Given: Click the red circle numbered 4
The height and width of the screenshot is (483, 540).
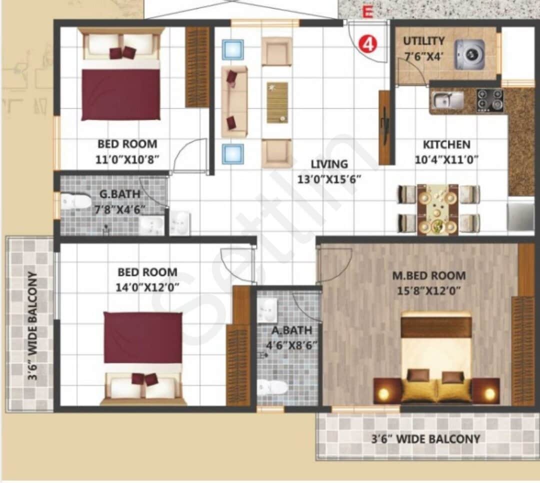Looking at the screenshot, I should tap(367, 44).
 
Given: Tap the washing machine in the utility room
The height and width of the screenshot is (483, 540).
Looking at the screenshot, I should tap(469, 54).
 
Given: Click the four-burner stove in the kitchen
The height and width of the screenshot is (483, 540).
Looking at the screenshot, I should tap(489, 100).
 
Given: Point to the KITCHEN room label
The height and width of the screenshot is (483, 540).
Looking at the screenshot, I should tap(446, 145).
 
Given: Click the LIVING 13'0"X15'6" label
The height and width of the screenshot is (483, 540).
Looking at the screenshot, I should tap(328, 171).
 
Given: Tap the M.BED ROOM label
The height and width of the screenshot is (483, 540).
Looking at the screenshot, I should tap(428, 275).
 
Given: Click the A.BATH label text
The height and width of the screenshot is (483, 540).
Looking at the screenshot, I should tap(292, 330).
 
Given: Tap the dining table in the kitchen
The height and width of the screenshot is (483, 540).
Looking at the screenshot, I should tap(438, 209).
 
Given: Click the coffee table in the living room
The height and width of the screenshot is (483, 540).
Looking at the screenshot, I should tap(277, 102).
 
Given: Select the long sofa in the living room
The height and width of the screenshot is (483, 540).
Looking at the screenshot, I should tap(234, 101).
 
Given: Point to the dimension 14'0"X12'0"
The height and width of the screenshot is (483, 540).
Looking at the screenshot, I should tap(147, 287).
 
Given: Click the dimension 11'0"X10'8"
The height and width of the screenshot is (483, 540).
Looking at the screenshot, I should tap(127, 159).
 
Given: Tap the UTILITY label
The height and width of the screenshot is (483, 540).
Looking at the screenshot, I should tap(423, 41).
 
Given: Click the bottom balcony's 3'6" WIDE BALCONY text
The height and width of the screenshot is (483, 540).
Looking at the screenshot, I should tap(425, 439).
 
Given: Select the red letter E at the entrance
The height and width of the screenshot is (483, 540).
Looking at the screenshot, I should tap(367, 12).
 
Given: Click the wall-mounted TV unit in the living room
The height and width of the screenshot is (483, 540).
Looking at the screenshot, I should tap(384, 127).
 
